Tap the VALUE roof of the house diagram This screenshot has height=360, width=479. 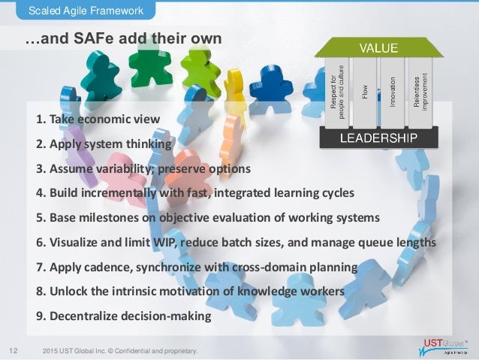(377, 48)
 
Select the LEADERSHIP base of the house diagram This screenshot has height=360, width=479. (379, 138)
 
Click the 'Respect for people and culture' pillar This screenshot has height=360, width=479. (339, 92)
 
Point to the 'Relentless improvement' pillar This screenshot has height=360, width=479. (420, 92)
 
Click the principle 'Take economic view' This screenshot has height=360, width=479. (97, 119)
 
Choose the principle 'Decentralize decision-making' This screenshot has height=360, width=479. (124, 316)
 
